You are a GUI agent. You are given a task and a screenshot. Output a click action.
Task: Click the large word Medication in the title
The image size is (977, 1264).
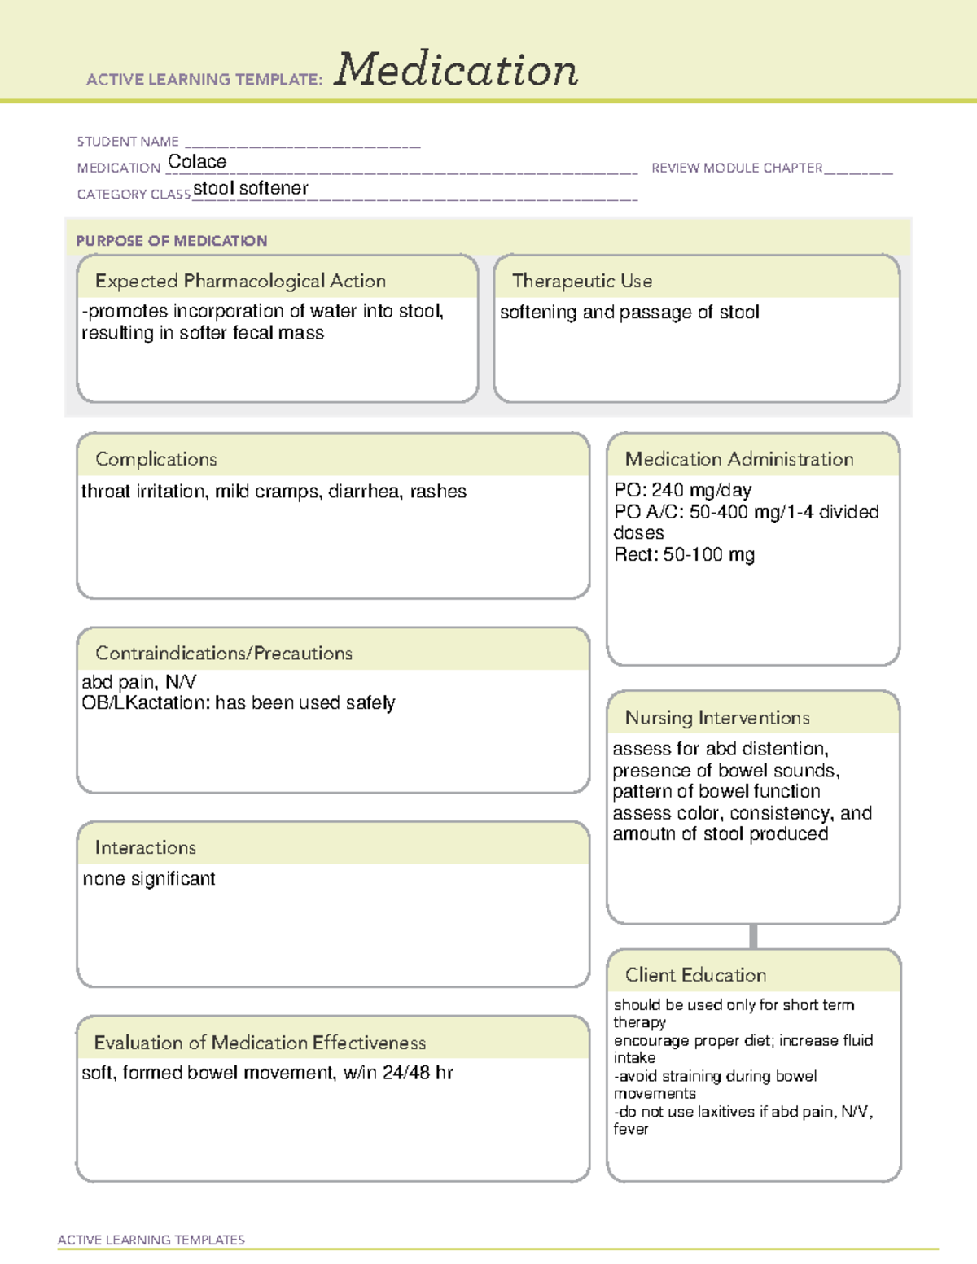456,70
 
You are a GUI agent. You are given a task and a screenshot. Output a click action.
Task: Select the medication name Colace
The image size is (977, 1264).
197,162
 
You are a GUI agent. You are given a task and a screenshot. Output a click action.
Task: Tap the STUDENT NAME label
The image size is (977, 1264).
128,142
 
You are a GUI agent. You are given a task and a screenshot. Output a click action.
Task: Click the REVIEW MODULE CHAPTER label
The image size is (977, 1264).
737,168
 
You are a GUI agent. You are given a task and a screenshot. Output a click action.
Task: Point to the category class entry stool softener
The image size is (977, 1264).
251,189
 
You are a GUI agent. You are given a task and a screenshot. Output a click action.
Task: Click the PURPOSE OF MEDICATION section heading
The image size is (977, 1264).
172,241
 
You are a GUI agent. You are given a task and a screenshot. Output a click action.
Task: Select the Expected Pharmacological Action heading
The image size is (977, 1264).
240,281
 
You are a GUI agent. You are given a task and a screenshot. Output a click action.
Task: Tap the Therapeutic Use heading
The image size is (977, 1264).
582,281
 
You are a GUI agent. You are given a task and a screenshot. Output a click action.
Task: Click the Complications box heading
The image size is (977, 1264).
156,459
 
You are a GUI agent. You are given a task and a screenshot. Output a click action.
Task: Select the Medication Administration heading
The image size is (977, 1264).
739,459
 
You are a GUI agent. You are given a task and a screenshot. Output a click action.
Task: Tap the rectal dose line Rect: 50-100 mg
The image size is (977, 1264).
684,555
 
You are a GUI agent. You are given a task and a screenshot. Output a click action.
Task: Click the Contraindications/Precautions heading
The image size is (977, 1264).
224,653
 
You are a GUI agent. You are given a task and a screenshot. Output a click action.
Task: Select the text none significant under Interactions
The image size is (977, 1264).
149,879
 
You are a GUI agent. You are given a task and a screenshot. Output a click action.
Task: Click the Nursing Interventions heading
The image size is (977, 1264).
717,718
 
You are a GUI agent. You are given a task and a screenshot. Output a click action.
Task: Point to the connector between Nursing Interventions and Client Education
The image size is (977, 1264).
753,937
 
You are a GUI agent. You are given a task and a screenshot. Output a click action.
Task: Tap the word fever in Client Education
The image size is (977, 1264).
631,1130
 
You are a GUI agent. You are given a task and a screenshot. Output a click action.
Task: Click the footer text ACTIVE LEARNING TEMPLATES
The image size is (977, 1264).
151,1240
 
